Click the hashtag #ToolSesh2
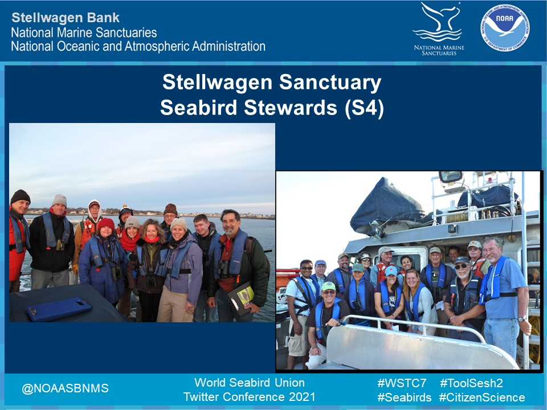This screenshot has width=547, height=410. [471, 383]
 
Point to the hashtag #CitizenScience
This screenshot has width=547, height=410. [481, 397]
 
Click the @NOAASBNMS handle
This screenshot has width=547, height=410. [65, 389]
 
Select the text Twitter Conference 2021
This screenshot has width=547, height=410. [249, 397]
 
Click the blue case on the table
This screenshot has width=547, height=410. [58, 308]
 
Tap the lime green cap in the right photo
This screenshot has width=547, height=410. [328, 286]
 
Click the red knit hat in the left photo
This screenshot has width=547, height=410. [105, 224]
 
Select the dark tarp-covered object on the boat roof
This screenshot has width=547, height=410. [387, 205]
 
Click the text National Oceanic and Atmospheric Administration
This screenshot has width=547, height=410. [138, 46]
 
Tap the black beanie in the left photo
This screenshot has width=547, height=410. [21, 196]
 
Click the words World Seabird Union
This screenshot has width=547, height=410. [249, 382]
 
